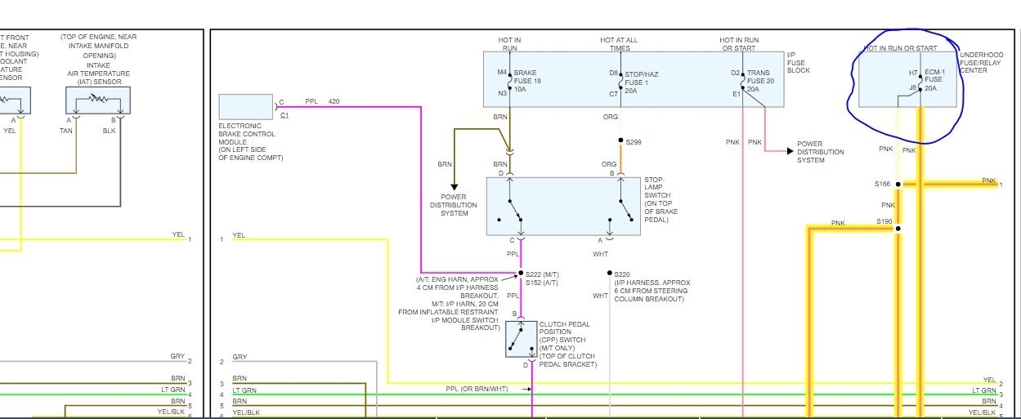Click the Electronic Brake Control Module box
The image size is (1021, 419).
(246, 107)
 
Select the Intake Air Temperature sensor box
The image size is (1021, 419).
(98, 100)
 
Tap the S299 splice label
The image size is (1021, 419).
(634, 142)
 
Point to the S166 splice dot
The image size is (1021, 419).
(898, 185)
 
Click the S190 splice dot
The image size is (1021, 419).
(898, 228)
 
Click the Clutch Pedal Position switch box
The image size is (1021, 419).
(521, 339)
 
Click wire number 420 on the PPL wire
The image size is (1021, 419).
(334, 101)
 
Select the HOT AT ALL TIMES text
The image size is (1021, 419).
(619, 44)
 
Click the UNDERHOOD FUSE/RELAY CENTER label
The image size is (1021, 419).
(981, 63)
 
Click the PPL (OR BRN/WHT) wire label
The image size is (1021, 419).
(477, 389)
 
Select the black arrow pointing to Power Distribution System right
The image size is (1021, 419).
(789, 151)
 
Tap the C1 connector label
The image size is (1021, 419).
(284, 115)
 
